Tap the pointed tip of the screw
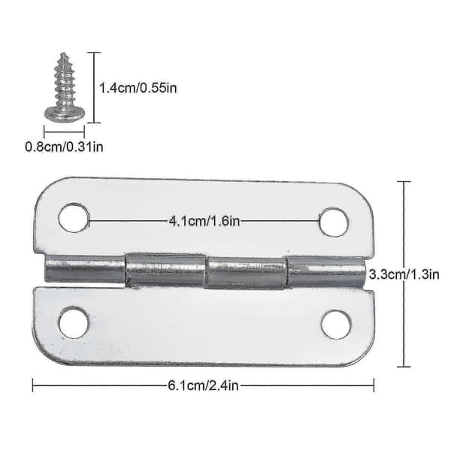pos(64,53)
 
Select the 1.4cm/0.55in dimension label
pos(138,88)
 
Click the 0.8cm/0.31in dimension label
pos(64,147)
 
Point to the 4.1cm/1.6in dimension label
pos(204,221)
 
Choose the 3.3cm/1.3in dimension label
pos(404,274)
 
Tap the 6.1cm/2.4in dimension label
pos(203,386)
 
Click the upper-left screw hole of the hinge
pos(74,218)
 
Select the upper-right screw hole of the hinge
pos(334,222)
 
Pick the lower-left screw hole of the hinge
pos(74,322)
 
